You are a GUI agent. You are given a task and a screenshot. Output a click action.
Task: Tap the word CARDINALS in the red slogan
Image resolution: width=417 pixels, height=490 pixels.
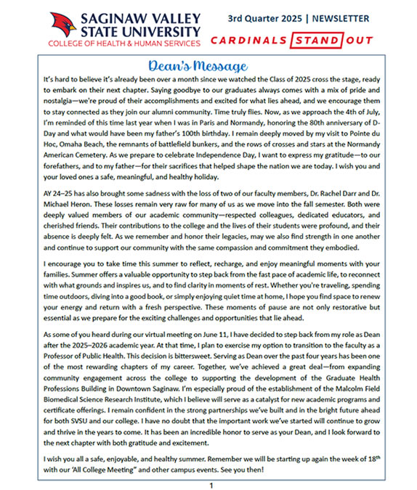[246, 40]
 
